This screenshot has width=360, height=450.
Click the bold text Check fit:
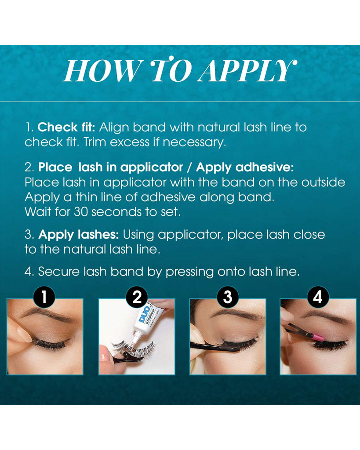66,127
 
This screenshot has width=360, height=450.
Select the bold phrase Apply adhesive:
245,167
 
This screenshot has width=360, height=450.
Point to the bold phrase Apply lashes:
78,235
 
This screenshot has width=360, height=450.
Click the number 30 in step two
81,212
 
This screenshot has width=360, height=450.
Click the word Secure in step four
59,272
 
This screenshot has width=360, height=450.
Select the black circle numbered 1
44,297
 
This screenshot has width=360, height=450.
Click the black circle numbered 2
137,297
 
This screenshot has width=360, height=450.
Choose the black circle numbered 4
317,297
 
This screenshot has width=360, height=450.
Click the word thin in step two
86,197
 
